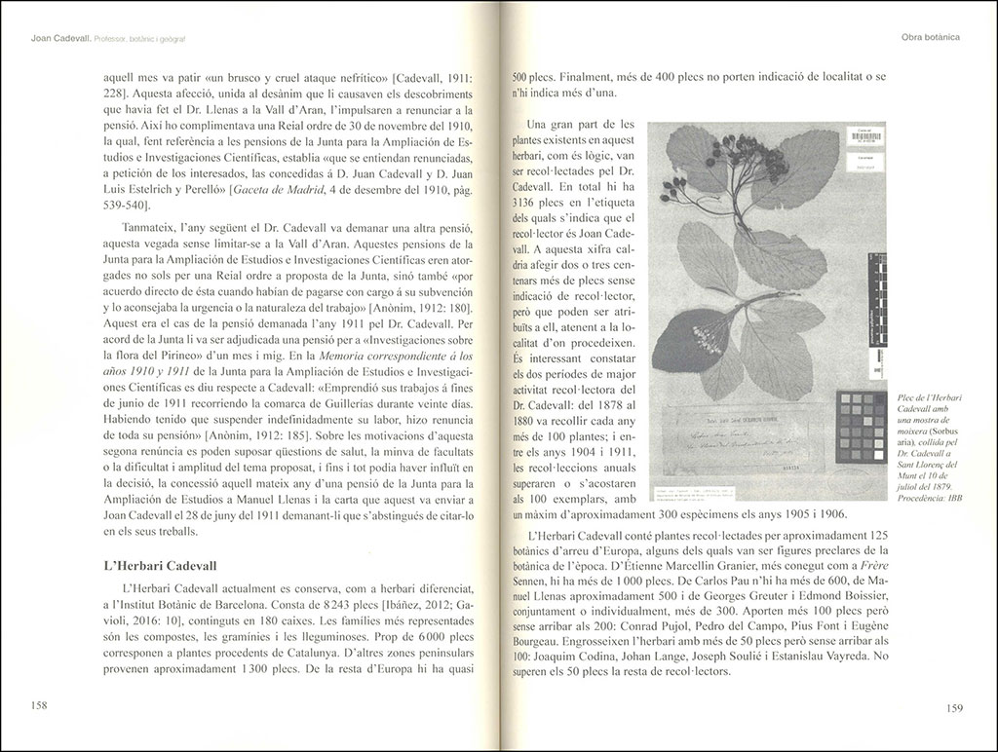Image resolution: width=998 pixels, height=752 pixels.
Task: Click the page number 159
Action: [956, 708]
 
